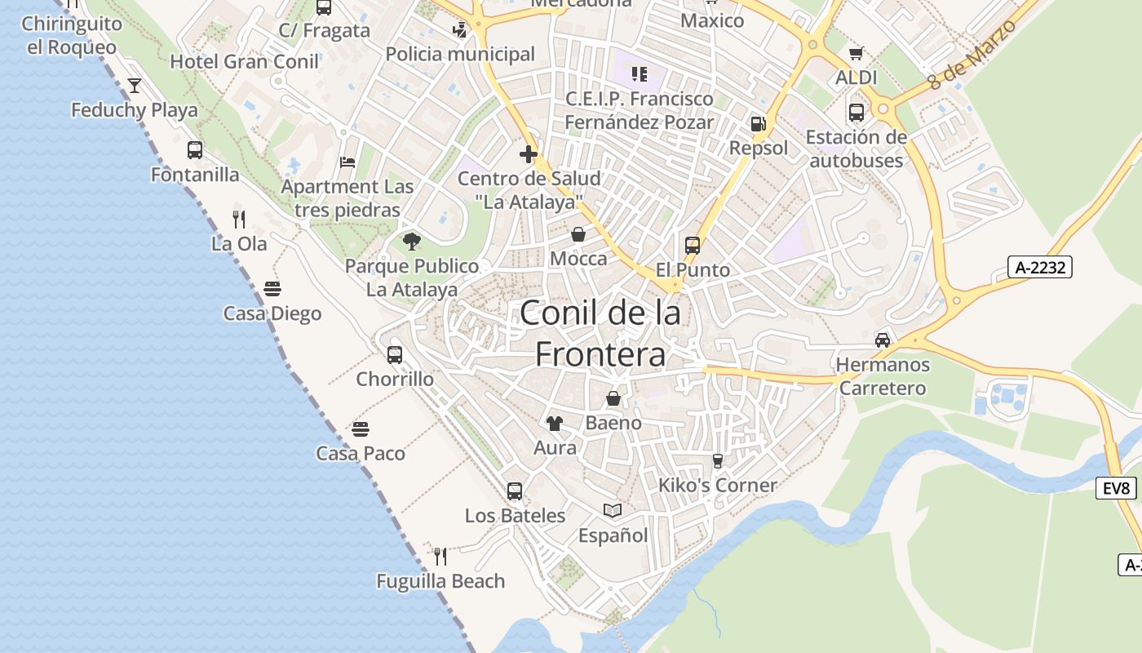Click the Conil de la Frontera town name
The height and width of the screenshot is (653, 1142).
[x=600, y=333]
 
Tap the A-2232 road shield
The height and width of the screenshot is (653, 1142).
[x=1039, y=267]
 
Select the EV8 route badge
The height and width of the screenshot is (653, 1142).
[x=1116, y=488]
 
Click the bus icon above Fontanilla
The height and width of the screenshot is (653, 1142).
[x=195, y=150]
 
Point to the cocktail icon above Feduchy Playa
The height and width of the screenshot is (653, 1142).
[x=135, y=85]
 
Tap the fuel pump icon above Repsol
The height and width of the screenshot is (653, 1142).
[x=758, y=124]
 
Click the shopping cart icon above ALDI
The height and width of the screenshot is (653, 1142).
[x=856, y=54]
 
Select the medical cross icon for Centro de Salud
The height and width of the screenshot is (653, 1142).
[x=529, y=153]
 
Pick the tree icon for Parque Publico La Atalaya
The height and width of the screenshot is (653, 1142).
[x=412, y=241]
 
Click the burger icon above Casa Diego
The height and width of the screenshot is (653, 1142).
[x=272, y=289]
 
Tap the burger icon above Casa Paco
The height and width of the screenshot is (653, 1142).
[x=361, y=429]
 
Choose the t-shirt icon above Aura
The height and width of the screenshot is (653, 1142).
[x=555, y=423]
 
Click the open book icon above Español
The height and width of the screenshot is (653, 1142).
[x=613, y=510]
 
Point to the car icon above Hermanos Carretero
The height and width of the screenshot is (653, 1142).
[x=883, y=340]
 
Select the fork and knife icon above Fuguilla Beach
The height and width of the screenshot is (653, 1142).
[x=440, y=557]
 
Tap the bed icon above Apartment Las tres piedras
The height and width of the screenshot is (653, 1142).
[x=347, y=162]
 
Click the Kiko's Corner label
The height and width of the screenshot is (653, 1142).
[x=718, y=486]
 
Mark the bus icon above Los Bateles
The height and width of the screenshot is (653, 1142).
[x=515, y=491]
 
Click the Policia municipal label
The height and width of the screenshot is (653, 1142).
[x=460, y=55]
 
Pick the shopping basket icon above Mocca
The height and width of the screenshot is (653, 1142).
[x=578, y=234]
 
